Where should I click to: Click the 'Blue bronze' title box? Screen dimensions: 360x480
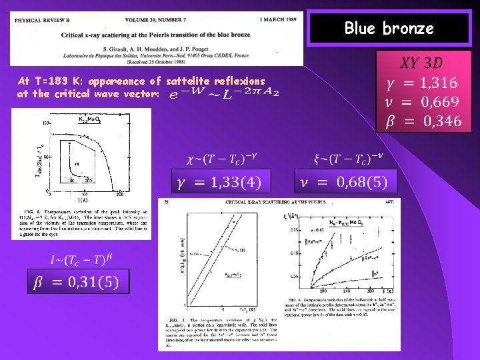tap(389, 29)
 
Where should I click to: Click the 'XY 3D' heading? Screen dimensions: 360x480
tap(420, 63)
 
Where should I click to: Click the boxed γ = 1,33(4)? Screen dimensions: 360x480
tap(223, 181)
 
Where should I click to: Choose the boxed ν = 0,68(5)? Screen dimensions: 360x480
tap(345, 181)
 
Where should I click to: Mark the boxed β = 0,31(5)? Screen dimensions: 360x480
tap(77, 282)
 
